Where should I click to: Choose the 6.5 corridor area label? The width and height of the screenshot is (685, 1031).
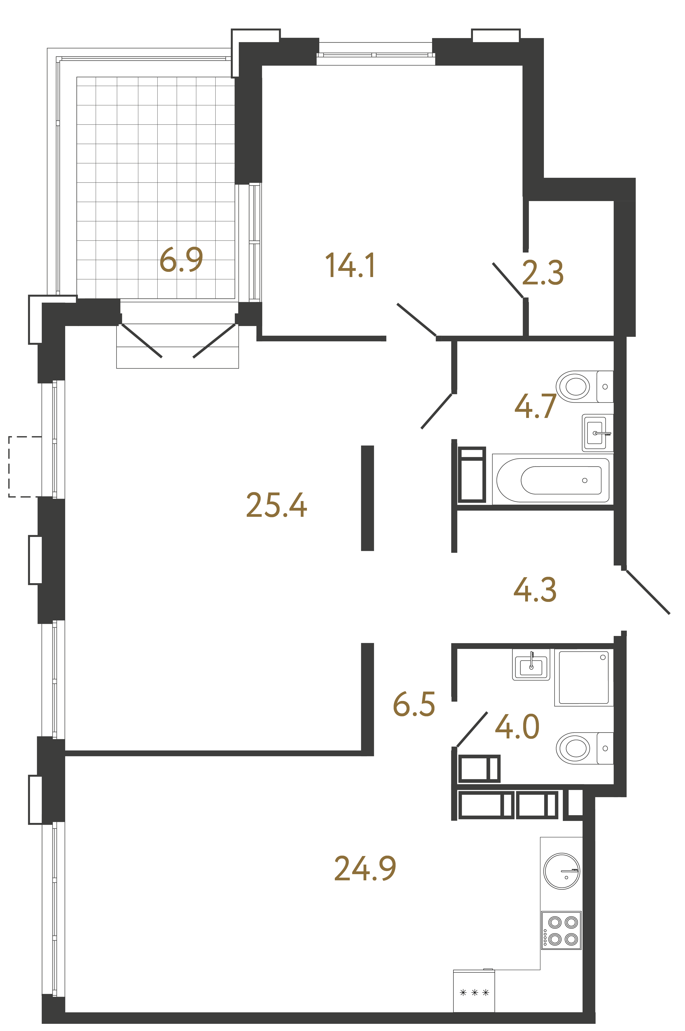point(414,703)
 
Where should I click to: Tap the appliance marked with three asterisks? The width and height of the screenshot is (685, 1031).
point(474,993)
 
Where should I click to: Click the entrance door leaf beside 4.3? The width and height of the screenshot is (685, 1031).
point(647,592)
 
